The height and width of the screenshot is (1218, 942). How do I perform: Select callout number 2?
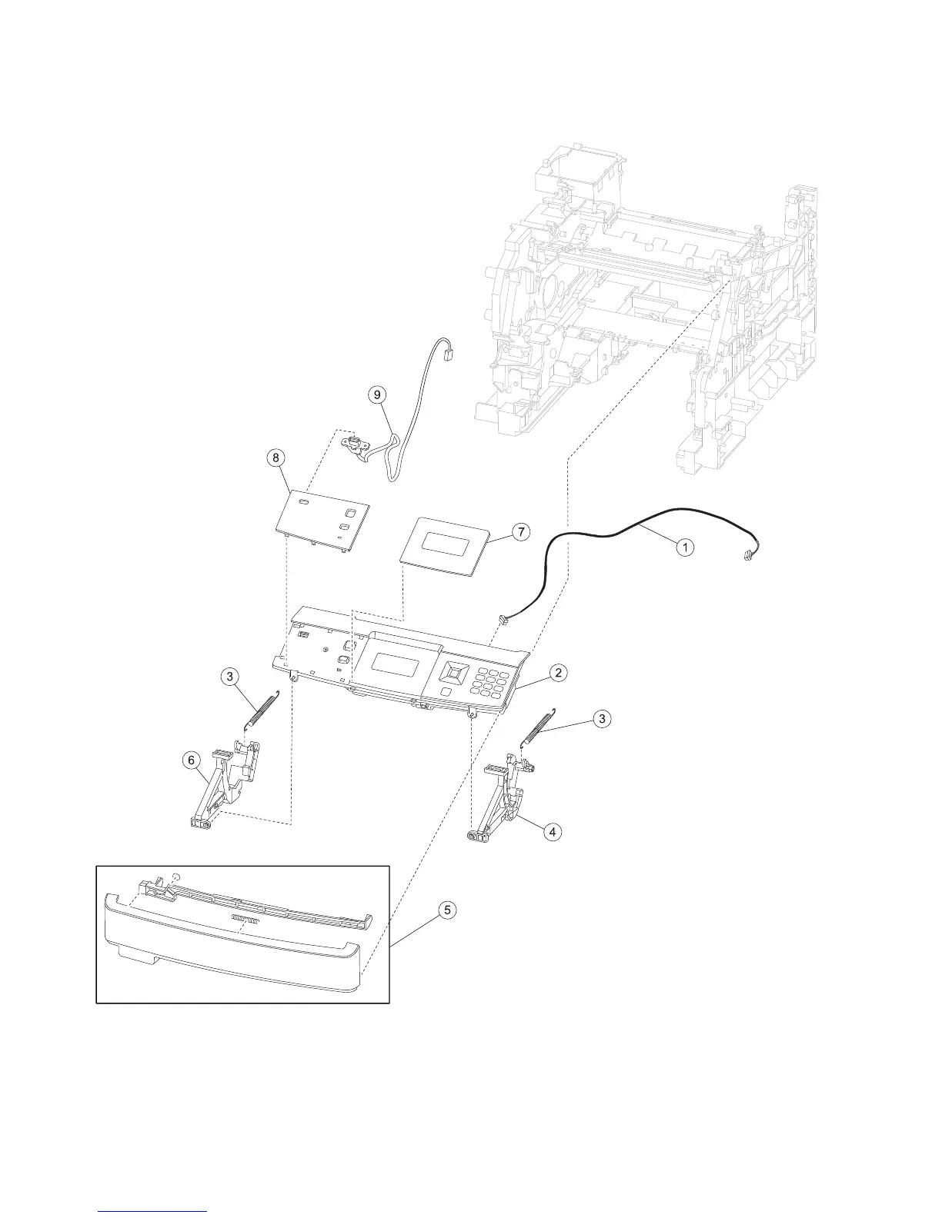559,673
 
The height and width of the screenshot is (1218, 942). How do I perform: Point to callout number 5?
446,910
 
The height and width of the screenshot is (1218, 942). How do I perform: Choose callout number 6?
189,760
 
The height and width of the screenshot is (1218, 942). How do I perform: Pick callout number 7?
521,531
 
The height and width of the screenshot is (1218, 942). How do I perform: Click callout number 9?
376,394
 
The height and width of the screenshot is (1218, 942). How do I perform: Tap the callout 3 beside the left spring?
229,677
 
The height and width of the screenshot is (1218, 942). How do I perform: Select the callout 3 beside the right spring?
602,718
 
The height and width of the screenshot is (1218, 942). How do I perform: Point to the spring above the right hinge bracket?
540,727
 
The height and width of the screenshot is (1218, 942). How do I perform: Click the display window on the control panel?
396,664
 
